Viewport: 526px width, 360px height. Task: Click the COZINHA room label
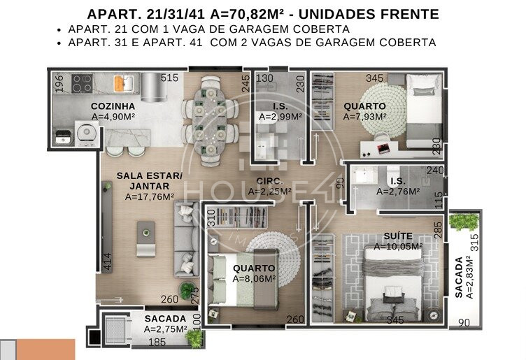113,106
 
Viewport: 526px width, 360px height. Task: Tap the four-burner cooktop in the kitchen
82,84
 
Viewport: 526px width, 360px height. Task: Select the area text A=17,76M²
149,196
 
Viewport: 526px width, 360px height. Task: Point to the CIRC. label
270,181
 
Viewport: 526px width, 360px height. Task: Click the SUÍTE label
398,236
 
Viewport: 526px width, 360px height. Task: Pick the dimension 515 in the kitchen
169,78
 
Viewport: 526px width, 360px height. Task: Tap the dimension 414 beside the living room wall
107,262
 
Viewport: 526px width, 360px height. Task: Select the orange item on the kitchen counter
120,83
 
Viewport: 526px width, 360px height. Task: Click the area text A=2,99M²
280,117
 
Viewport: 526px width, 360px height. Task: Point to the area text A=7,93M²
364,117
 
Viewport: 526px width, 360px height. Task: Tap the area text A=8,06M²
254,279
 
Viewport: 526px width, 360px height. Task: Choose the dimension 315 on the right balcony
474,243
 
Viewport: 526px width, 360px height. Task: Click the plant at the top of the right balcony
464,221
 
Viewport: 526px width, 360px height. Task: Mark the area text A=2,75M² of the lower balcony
165,329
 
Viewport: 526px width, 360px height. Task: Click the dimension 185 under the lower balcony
157,343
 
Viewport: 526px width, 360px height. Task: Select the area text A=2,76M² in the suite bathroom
398,192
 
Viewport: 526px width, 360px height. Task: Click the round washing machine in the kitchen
87,133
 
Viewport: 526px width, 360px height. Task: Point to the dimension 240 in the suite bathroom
435,171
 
